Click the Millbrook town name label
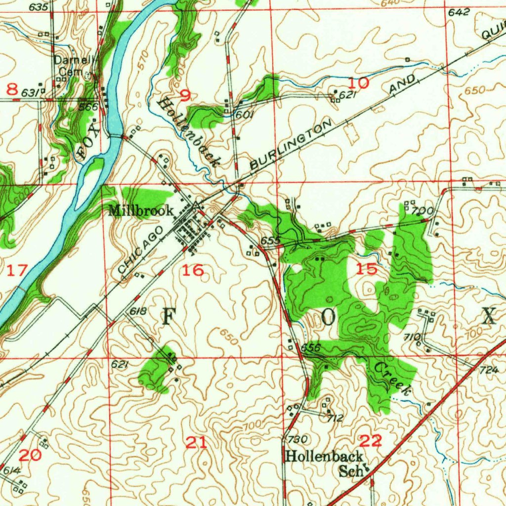point(141,211)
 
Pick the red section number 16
point(192,270)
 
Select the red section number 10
point(361,83)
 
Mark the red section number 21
point(196,443)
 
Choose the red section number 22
point(371,440)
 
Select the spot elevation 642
point(459,13)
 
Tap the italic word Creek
point(392,379)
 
